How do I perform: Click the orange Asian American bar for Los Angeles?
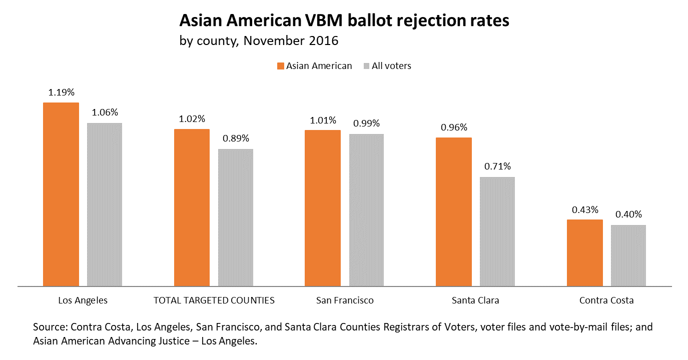click(x=61, y=194)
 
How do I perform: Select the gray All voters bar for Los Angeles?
click(x=105, y=204)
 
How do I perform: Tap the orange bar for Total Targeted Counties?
click(x=192, y=207)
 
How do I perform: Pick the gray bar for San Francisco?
click(x=366, y=210)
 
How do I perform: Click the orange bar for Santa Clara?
click(x=454, y=212)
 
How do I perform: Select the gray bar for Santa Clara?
click(x=497, y=231)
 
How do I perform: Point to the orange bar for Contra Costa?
click(x=585, y=253)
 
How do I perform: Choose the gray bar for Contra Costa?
click(x=628, y=255)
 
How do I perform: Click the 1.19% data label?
click(x=61, y=92)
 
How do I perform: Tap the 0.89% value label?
click(x=236, y=138)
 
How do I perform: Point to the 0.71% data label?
click(x=497, y=166)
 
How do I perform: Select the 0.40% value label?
click(x=628, y=214)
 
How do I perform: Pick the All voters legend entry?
click(x=388, y=66)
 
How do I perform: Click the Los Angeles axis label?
click(x=83, y=300)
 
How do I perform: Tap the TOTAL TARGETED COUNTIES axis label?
click(x=214, y=300)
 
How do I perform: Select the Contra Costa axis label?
click(x=606, y=300)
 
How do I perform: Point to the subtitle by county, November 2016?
click(x=259, y=40)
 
